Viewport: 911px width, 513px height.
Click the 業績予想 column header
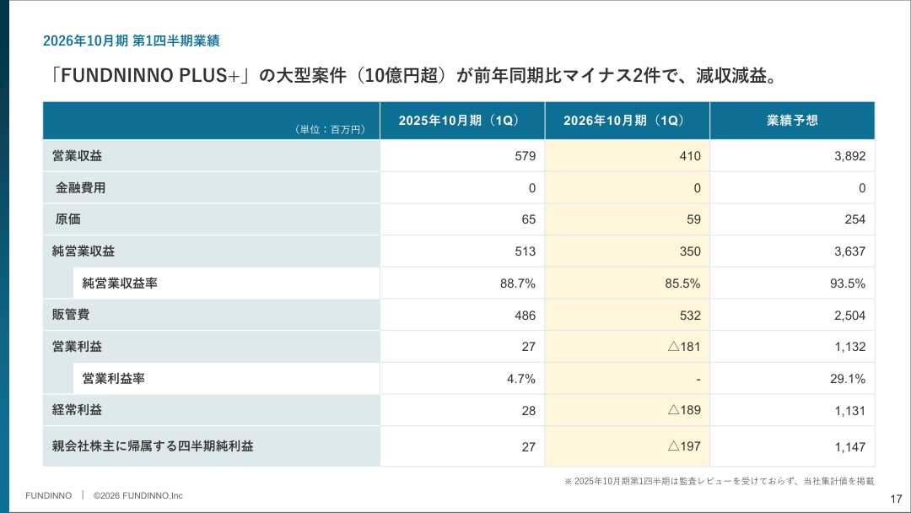tap(792, 121)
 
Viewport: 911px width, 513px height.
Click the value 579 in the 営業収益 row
tap(525, 156)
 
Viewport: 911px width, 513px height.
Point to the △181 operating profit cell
tap(684, 347)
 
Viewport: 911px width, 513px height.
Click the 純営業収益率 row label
tap(120, 283)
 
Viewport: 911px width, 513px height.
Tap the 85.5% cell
tap(682, 283)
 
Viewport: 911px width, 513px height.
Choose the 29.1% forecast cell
tap(848, 379)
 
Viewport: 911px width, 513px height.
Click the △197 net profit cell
tap(684, 446)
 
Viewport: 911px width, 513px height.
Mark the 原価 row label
tap(67, 219)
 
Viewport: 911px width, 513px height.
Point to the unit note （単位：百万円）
tap(331, 130)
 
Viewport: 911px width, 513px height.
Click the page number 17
tap(897, 499)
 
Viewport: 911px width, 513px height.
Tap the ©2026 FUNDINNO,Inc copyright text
tap(138, 495)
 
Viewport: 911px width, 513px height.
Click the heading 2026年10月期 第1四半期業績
tap(131, 40)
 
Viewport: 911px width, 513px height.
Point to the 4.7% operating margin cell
tap(521, 379)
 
